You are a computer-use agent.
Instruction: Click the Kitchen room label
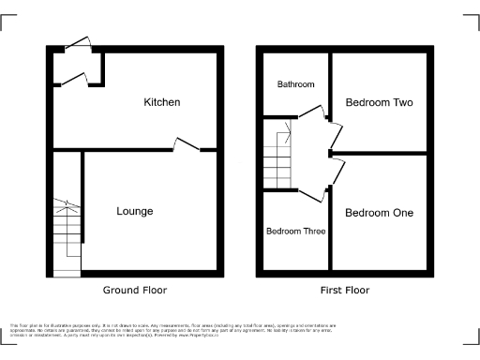tap(161, 101)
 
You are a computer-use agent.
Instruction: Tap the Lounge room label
tap(134, 211)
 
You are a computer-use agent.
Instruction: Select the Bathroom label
tap(295, 84)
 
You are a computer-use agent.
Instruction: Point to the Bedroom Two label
tap(380, 101)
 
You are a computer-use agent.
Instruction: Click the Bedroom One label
tap(379, 213)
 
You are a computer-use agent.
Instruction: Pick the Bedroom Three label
tap(295, 231)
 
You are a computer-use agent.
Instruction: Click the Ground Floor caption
tap(135, 291)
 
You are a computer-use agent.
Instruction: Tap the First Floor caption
tap(344, 291)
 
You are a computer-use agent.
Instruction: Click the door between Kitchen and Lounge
tap(186, 144)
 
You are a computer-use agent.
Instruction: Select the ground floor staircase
tap(66, 234)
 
